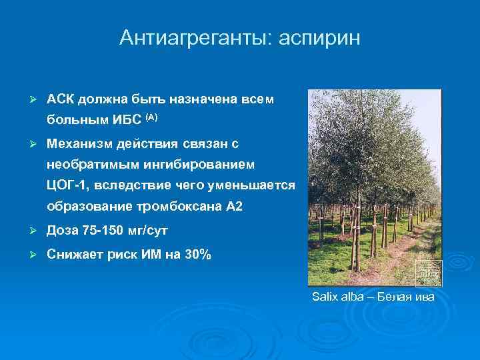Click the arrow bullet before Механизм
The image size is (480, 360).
[26, 143]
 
